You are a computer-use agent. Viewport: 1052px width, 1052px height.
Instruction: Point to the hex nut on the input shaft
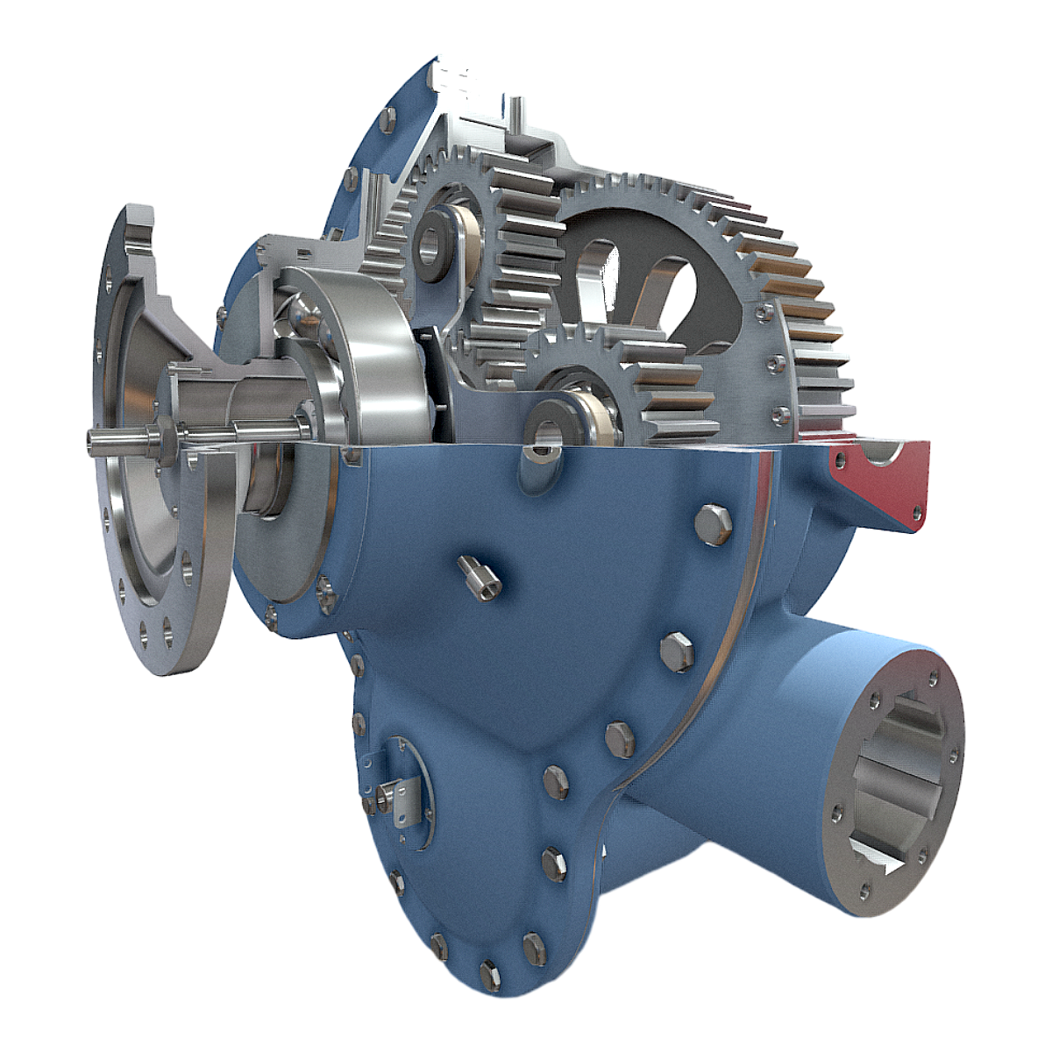pyautogui.click(x=160, y=437)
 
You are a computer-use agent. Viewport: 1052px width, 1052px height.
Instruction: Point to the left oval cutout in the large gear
pyautogui.click(x=596, y=281)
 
